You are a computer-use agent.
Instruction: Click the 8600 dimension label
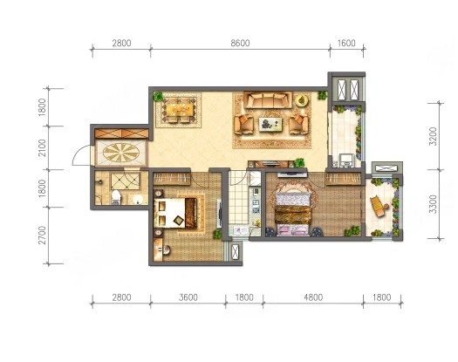240,44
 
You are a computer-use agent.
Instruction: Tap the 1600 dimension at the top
346,44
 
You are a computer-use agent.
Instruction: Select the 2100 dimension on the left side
43,147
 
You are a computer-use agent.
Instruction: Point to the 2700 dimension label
43,235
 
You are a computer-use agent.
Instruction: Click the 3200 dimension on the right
434,136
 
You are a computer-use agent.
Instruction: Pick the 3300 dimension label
434,204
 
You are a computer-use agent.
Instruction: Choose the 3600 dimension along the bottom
188,297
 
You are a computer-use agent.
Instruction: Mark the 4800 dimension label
313,297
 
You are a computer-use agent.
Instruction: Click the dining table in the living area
180,110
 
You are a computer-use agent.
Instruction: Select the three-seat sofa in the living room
268,100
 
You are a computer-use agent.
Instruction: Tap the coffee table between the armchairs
270,124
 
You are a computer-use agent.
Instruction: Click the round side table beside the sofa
302,100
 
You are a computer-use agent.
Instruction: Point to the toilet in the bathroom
116,197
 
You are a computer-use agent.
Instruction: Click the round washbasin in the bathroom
138,199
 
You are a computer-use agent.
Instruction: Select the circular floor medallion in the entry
121,153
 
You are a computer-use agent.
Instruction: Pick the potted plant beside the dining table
159,96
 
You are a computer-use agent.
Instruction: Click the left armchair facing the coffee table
243,124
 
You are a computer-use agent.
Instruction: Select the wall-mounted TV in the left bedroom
219,214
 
